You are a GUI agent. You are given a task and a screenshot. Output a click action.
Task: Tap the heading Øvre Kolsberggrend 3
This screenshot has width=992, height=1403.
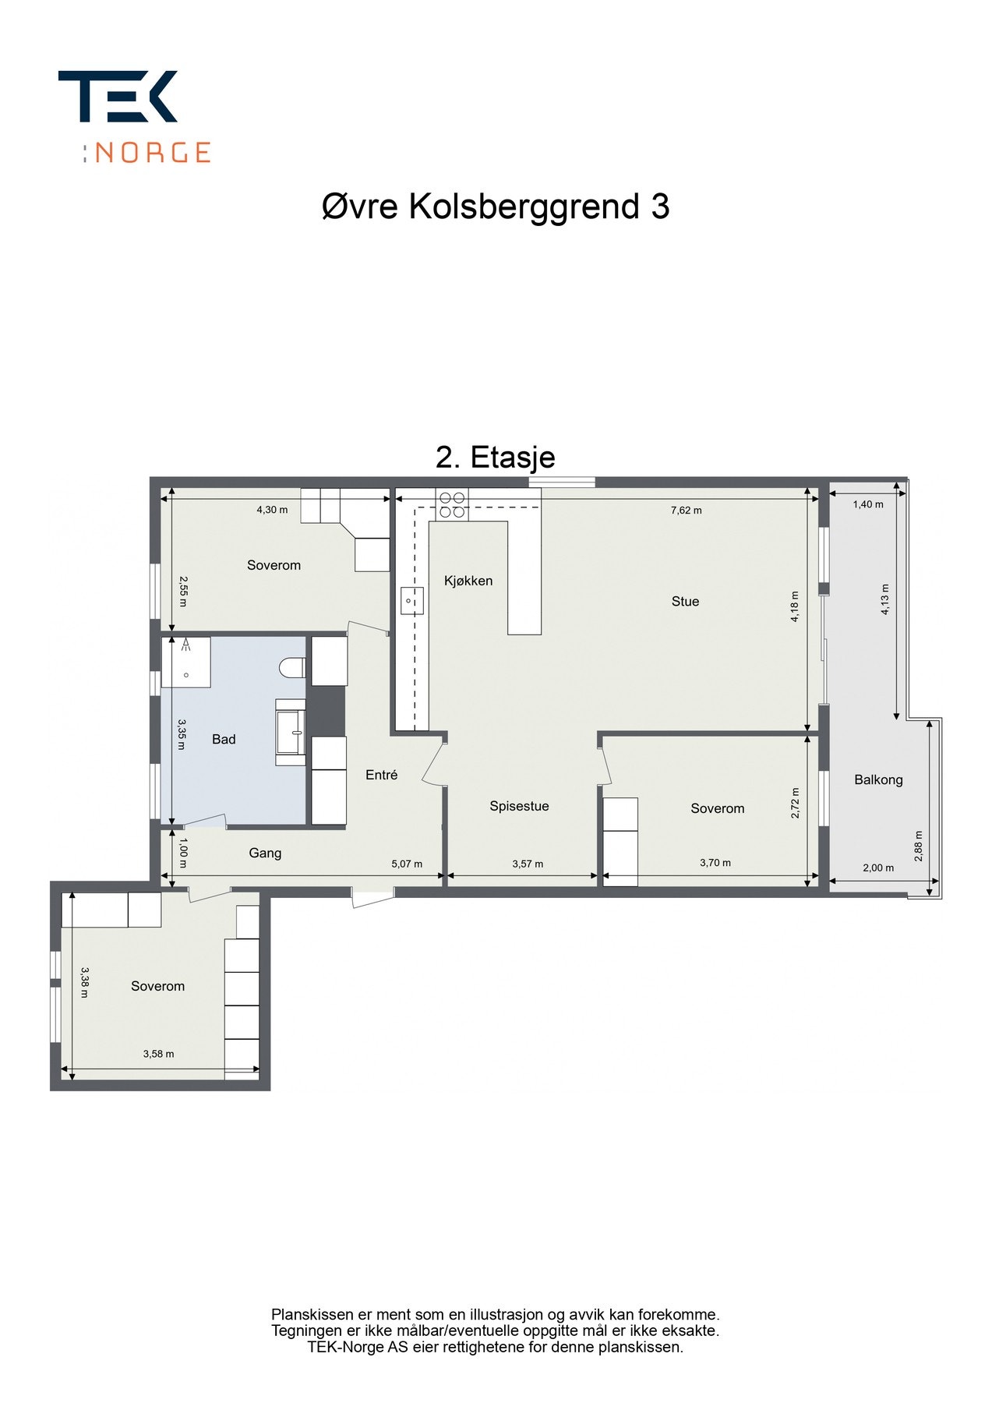(496, 207)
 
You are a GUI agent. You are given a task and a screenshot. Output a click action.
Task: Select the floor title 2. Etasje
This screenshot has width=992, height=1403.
(495, 457)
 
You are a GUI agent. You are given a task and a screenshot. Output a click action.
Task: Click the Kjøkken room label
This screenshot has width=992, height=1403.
(468, 581)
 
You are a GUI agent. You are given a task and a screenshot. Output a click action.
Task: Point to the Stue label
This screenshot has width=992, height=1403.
(685, 601)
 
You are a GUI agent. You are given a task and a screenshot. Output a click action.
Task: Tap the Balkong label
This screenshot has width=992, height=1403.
(878, 779)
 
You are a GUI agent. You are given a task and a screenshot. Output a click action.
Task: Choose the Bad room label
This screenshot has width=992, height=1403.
(224, 739)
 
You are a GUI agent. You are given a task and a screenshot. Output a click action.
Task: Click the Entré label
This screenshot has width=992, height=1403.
(381, 775)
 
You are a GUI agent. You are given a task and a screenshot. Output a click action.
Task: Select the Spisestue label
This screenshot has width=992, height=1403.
(519, 806)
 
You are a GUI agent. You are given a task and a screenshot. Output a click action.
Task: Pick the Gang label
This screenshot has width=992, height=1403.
(265, 853)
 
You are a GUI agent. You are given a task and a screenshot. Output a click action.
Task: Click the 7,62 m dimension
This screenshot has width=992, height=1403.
(686, 511)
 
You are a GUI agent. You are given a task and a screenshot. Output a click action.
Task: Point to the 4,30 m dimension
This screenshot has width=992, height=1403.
(272, 510)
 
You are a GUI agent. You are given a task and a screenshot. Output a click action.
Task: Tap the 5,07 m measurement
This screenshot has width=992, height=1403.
(407, 864)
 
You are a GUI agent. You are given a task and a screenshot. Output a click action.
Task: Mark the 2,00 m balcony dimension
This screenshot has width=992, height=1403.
(878, 868)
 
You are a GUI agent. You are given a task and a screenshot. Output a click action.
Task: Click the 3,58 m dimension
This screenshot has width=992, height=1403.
(158, 1054)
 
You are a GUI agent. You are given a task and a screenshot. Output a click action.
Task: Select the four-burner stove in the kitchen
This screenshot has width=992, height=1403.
(452, 504)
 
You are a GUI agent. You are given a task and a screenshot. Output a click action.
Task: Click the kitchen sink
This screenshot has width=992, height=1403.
(411, 601)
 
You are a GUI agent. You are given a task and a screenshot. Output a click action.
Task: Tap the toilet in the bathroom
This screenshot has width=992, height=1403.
(292, 667)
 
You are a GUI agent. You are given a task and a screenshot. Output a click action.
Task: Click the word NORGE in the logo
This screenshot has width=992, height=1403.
(153, 152)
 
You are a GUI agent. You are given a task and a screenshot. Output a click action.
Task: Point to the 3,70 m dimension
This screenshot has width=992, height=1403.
(715, 863)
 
